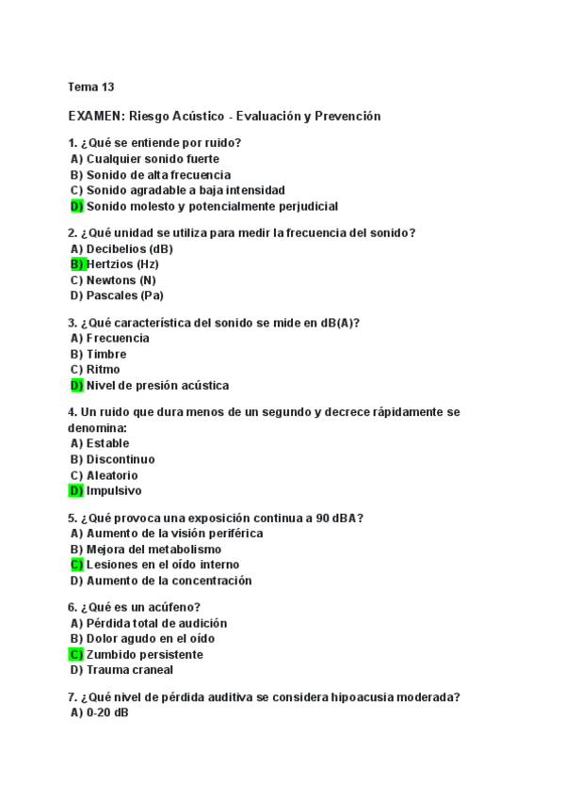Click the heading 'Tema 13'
90,87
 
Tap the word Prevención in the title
348,116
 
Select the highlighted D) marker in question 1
76,206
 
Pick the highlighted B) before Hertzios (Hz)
76,264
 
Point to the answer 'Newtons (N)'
121,280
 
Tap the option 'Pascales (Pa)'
124,295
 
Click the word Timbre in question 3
105,354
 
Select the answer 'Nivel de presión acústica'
156,385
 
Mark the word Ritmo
103,370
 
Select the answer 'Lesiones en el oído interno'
162,565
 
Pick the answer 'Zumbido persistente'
144,654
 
